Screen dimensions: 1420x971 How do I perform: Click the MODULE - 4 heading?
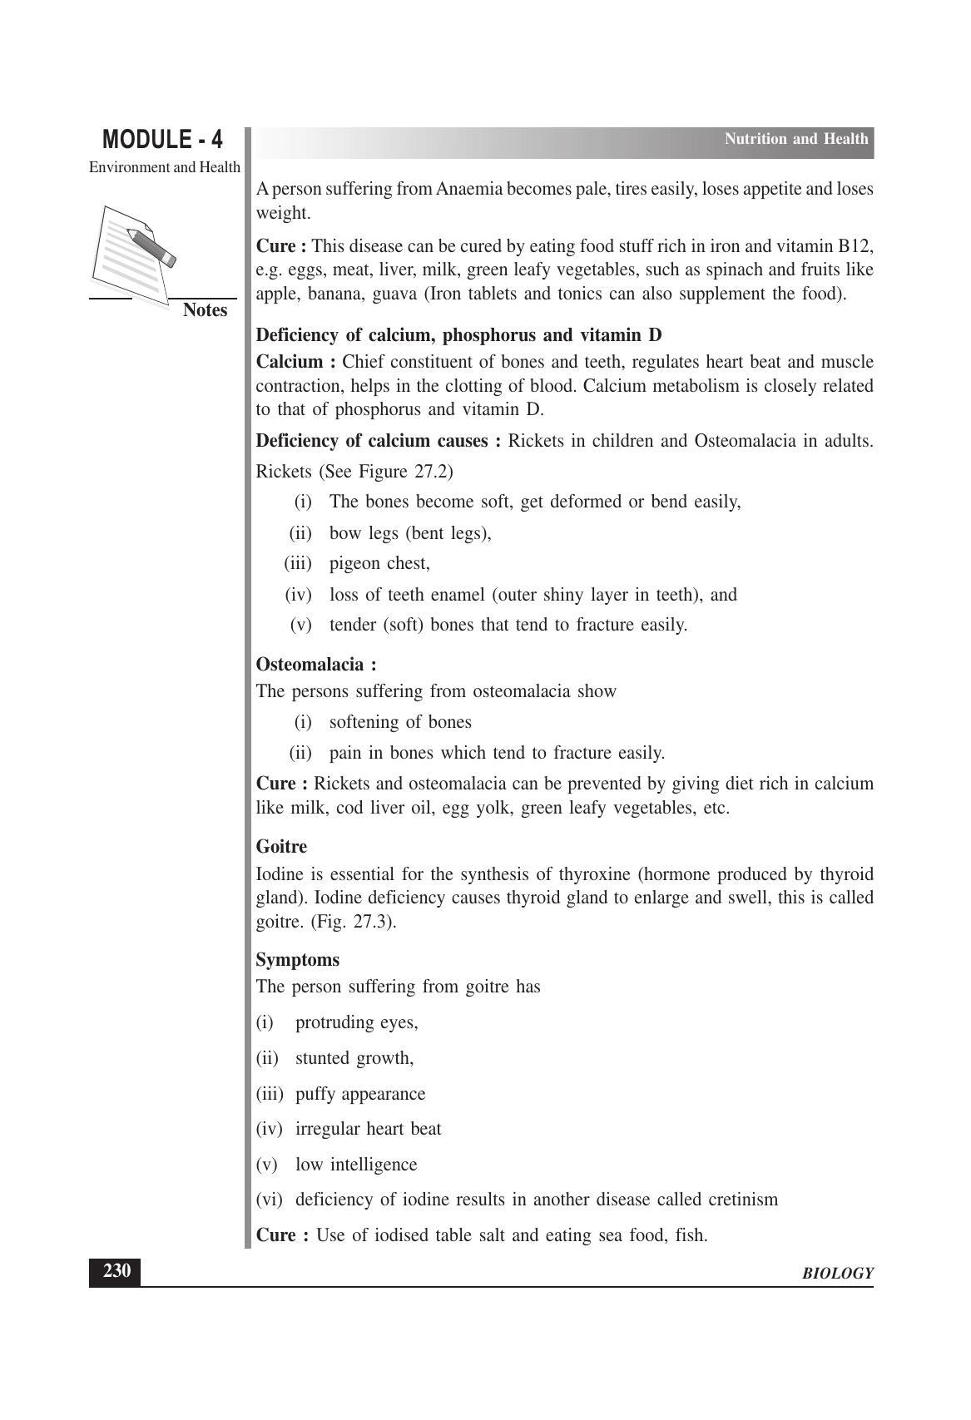point(162,139)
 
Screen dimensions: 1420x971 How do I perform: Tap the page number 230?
point(116,1271)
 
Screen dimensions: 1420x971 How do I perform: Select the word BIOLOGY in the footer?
point(837,1274)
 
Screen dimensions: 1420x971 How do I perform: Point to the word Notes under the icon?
point(205,310)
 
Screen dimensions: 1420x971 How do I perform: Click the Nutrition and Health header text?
point(795,139)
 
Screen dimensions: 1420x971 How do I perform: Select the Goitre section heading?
point(281,847)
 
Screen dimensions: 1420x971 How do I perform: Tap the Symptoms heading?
point(297,960)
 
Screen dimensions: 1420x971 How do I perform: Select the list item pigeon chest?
point(379,564)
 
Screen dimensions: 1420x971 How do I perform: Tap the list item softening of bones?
point(400,722)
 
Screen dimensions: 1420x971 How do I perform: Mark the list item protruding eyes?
point(356,1022)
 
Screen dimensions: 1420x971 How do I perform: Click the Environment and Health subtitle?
point(165,167)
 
